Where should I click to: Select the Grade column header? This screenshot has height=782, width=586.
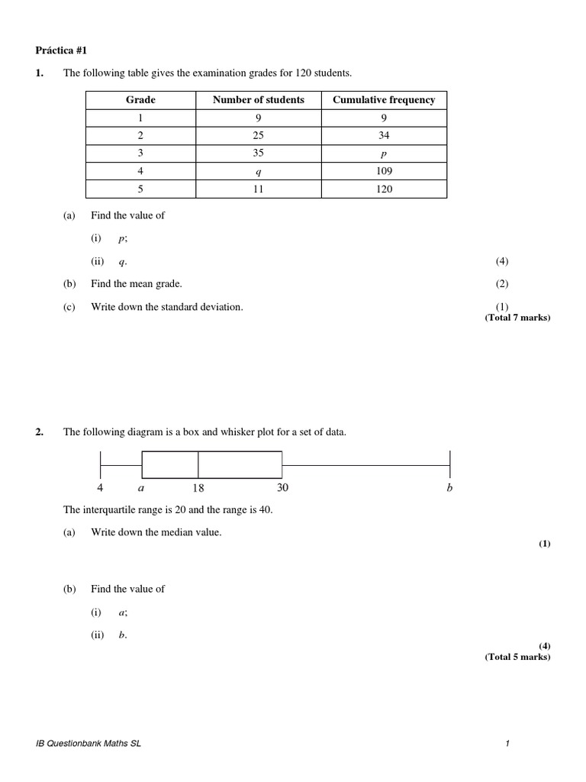[x=140, y=100]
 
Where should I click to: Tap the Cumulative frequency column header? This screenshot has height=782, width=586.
[x=384, y=100]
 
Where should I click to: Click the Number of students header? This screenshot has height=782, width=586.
[x=258, y=100]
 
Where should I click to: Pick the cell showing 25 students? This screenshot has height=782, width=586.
[x=258, y=136]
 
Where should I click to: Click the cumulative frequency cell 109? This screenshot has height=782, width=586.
[x=384, y=171]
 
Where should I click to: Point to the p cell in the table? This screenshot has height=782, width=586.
[x=384, y=153]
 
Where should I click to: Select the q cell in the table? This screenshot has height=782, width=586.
[x=258, y=171]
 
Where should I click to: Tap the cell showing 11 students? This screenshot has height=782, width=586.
[x=258, y=189]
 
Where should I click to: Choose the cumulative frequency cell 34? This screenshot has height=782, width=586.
[x=384, y=136]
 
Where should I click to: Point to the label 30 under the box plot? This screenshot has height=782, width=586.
[x=282, y=488]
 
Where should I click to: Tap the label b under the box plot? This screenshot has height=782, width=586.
[x=449, y=488]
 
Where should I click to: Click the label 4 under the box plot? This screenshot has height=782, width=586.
[x=100, y=488]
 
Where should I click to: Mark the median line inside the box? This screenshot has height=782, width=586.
[x=198, y=465]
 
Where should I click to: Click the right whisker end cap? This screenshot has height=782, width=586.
[x=449, y=465]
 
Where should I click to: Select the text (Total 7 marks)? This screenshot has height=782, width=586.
[x=517, y=318]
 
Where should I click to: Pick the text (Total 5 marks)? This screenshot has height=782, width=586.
[x=517, y=657]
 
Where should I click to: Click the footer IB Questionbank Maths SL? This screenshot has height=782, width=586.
[x=88, y=744]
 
